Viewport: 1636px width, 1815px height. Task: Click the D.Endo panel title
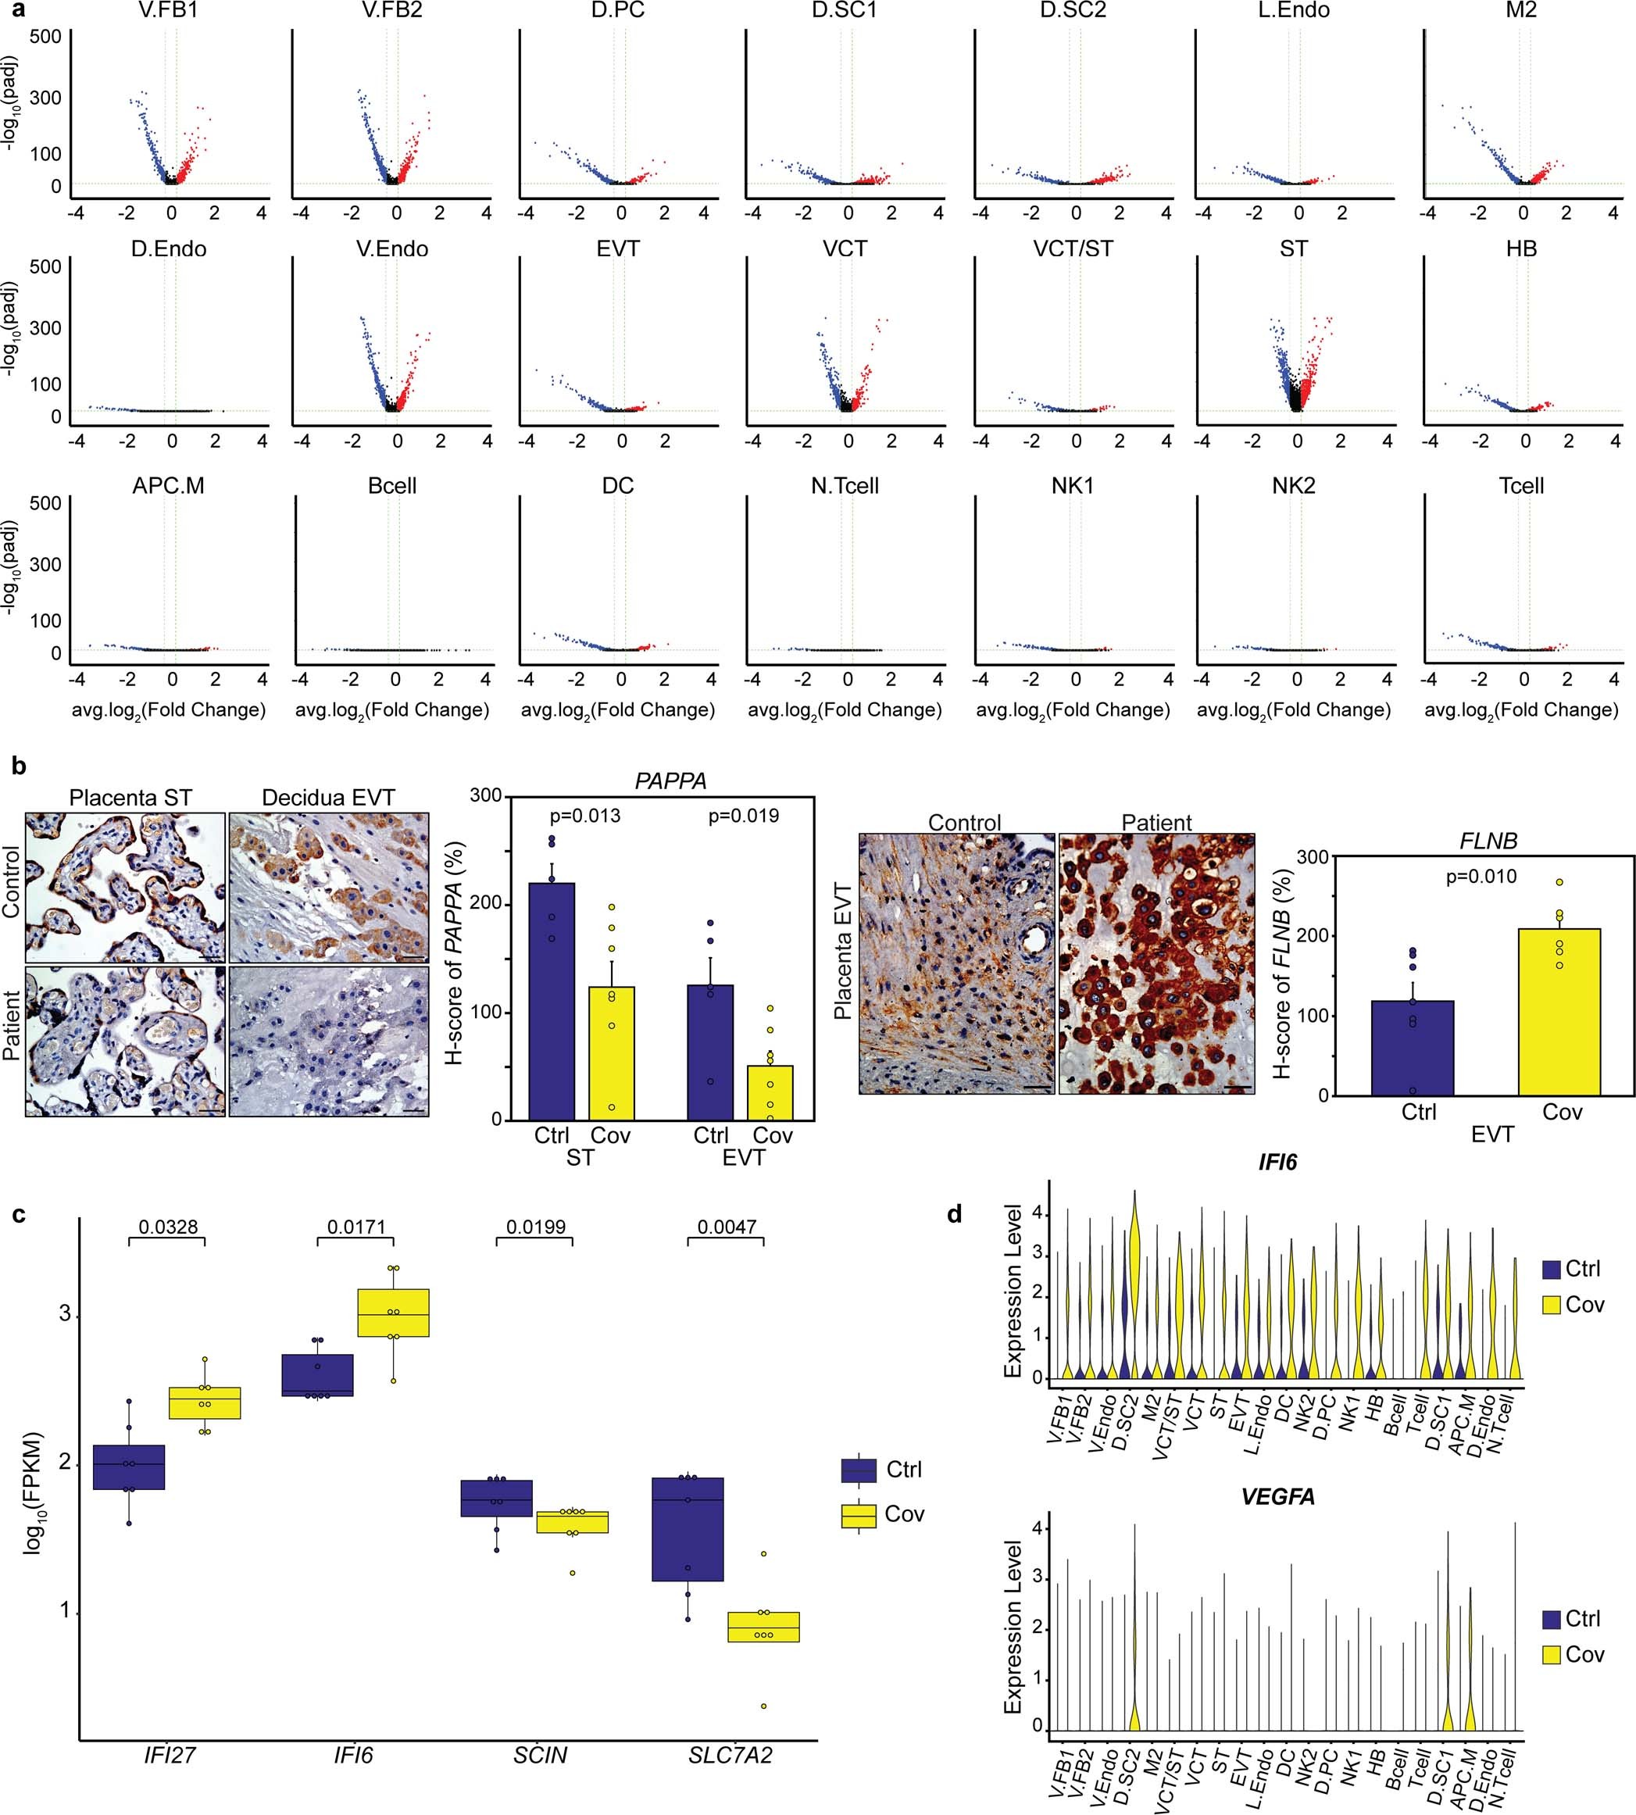click(x=168, y=249)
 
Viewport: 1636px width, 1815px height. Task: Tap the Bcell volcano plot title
click(x=392, y=486)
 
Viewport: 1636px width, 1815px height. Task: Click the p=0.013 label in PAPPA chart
click(x=584, y=816)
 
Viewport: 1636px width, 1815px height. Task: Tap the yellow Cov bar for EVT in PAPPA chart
click(x=770, y=1092)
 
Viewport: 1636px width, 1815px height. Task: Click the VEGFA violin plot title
click(x=1277, y=1497)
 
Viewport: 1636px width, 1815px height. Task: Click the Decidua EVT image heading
click(x=328, y=798)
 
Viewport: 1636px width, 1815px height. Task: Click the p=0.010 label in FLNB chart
click(x=1481, y=877)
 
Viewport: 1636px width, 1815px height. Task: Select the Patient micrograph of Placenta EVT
click(x=1156, y=963)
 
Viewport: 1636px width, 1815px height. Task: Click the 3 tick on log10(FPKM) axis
click(x=65, y=1313)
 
